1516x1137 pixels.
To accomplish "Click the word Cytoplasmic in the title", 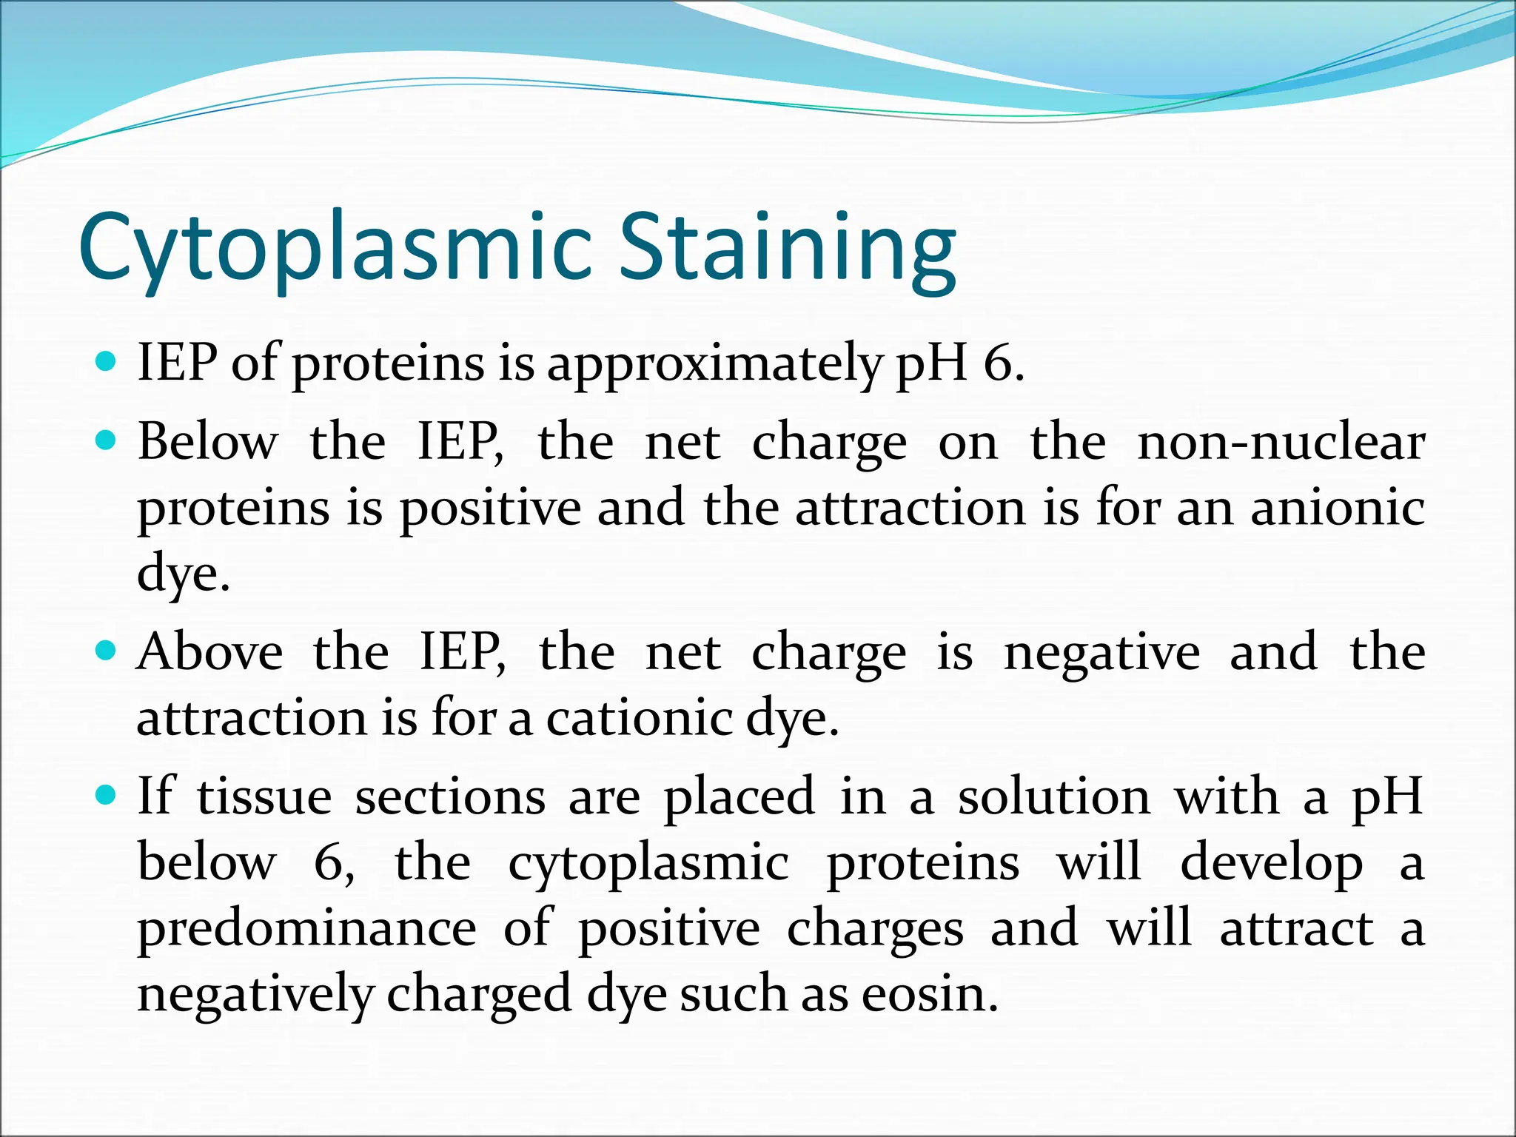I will tap(335, 248).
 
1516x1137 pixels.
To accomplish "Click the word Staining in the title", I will tap(787, 248).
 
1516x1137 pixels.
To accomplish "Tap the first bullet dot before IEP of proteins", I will tap(107, 362).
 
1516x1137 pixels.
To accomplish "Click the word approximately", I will tap(714, 365).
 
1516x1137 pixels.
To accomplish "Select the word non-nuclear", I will tap(1281, 442).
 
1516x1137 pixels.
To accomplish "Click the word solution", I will tap(1054, 797).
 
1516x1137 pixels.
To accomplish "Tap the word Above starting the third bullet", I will tap(210, 651).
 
